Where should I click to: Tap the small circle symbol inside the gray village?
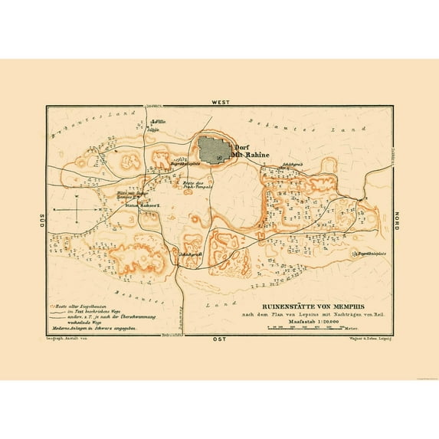pyautogui.click(x=221, y=158)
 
